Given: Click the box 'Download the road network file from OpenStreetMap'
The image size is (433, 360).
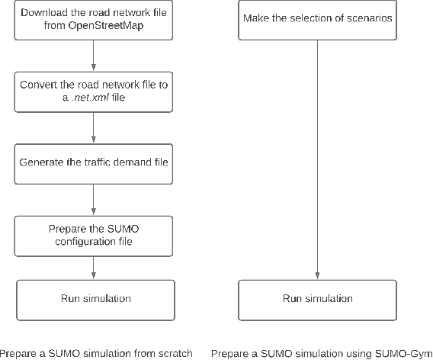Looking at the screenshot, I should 93,21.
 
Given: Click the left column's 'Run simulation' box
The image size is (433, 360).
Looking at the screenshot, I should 93,299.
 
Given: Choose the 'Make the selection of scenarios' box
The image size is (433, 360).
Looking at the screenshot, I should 317,21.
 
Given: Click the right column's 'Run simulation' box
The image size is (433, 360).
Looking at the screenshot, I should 317,299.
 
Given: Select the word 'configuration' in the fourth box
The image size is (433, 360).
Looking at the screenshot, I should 82,241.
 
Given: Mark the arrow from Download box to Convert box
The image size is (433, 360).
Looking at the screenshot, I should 93,56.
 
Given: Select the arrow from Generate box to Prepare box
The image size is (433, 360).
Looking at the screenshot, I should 93,199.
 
